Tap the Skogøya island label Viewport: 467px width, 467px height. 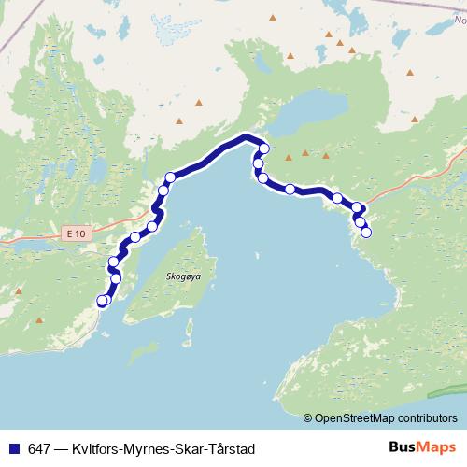click(182, 276)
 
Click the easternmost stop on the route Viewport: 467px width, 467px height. click(366, 233)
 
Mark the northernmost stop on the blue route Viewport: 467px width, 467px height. click(264, 149)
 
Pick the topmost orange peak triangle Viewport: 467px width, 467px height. click(273, 18)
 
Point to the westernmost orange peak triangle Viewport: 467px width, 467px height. click(18, 290)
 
